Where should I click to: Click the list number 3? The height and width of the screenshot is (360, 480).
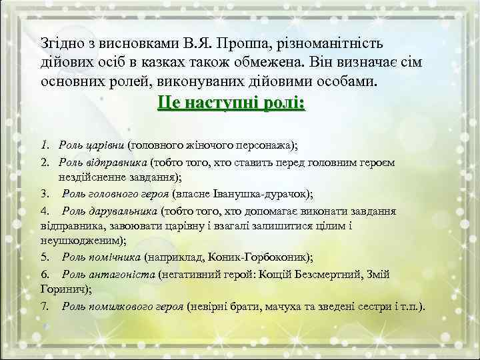pos(43,194)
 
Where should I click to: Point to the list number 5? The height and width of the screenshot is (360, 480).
pos(43,257)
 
